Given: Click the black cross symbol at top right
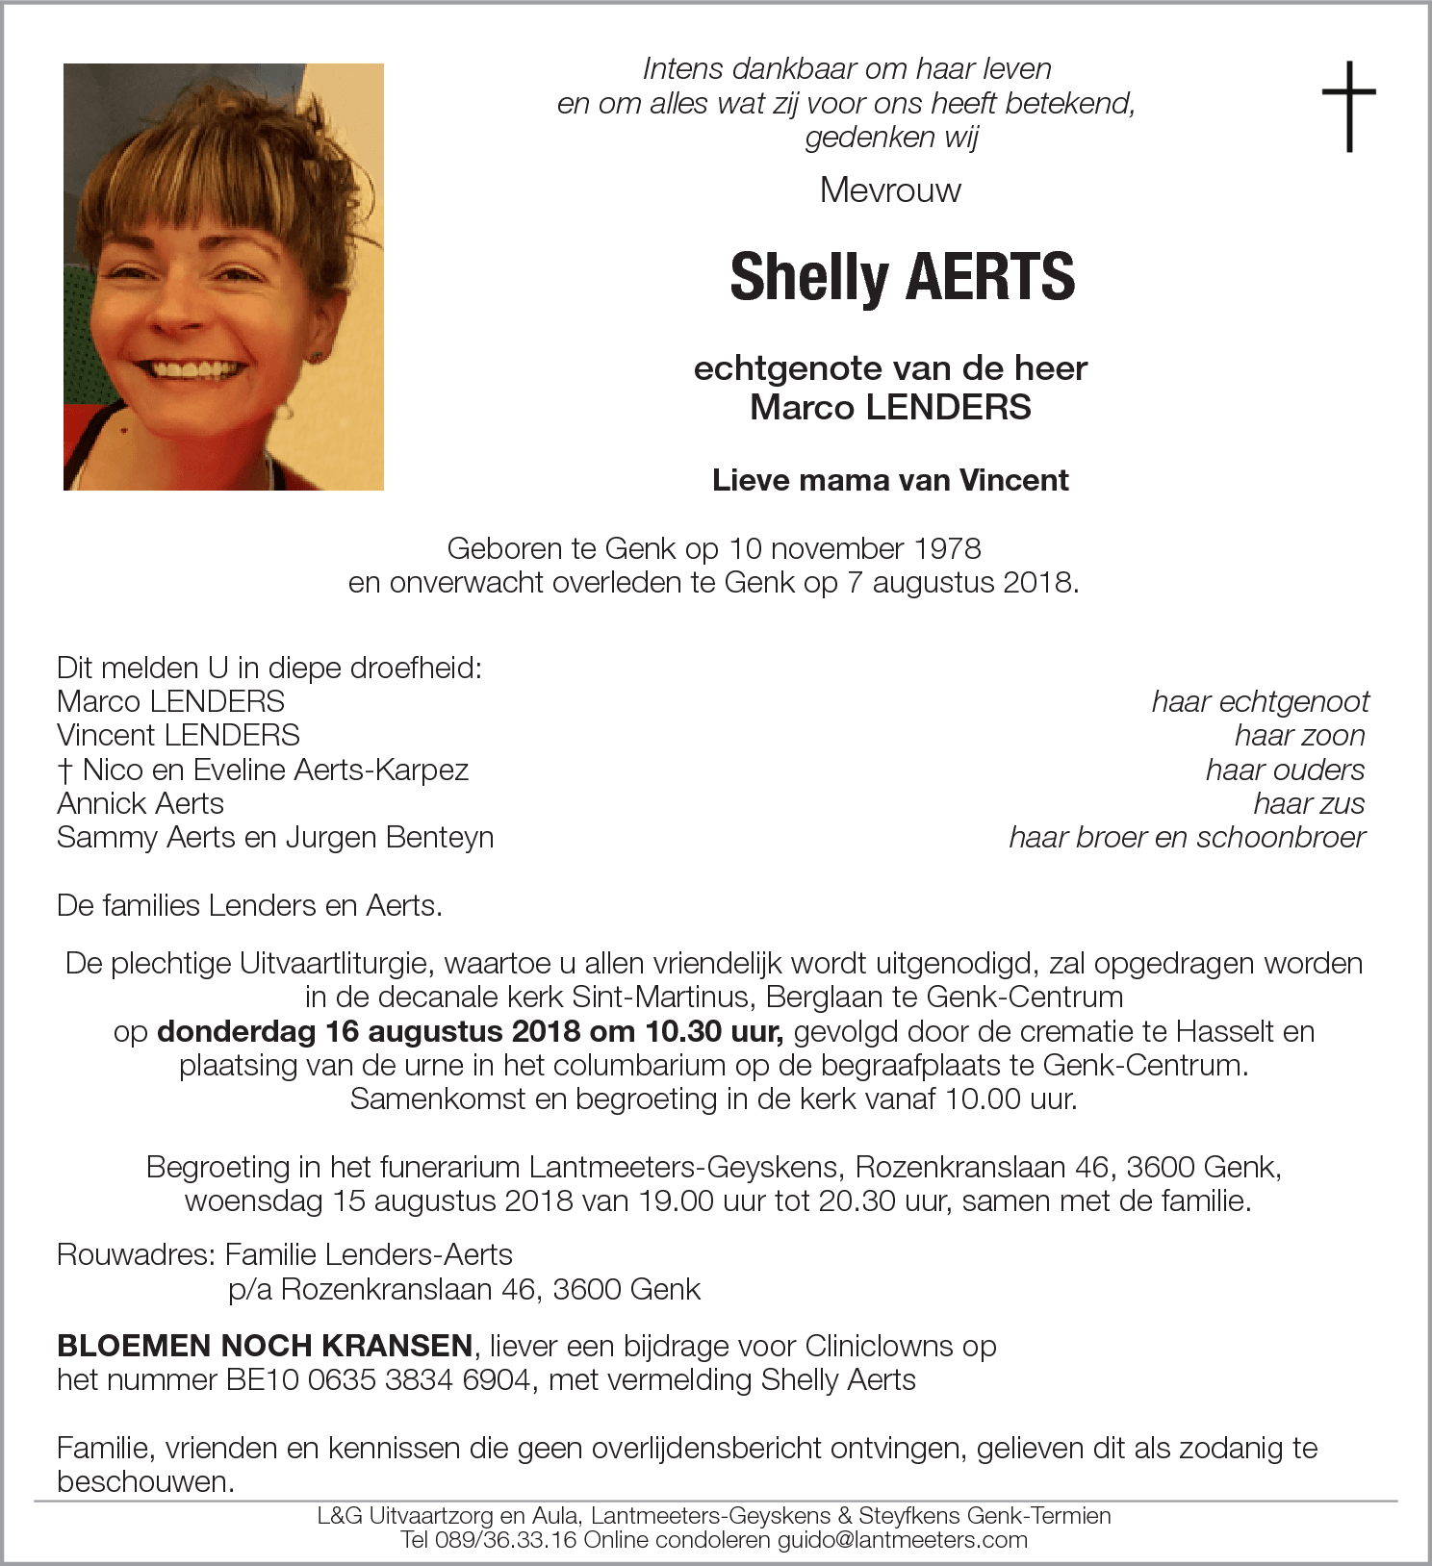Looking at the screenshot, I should coord(1348,106).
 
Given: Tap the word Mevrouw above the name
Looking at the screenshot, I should coord(890,190).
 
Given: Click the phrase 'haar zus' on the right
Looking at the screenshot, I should coord(1308,803).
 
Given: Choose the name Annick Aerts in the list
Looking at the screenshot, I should coord(141,803).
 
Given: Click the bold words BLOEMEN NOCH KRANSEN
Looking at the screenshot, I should coord(265,1345).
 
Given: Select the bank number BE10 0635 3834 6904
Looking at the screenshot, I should coord(378,1379).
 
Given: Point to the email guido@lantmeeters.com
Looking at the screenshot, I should coord(902,1540).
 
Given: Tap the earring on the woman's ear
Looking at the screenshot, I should coord(315,358).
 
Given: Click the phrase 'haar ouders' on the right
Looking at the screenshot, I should coord(1284,770).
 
